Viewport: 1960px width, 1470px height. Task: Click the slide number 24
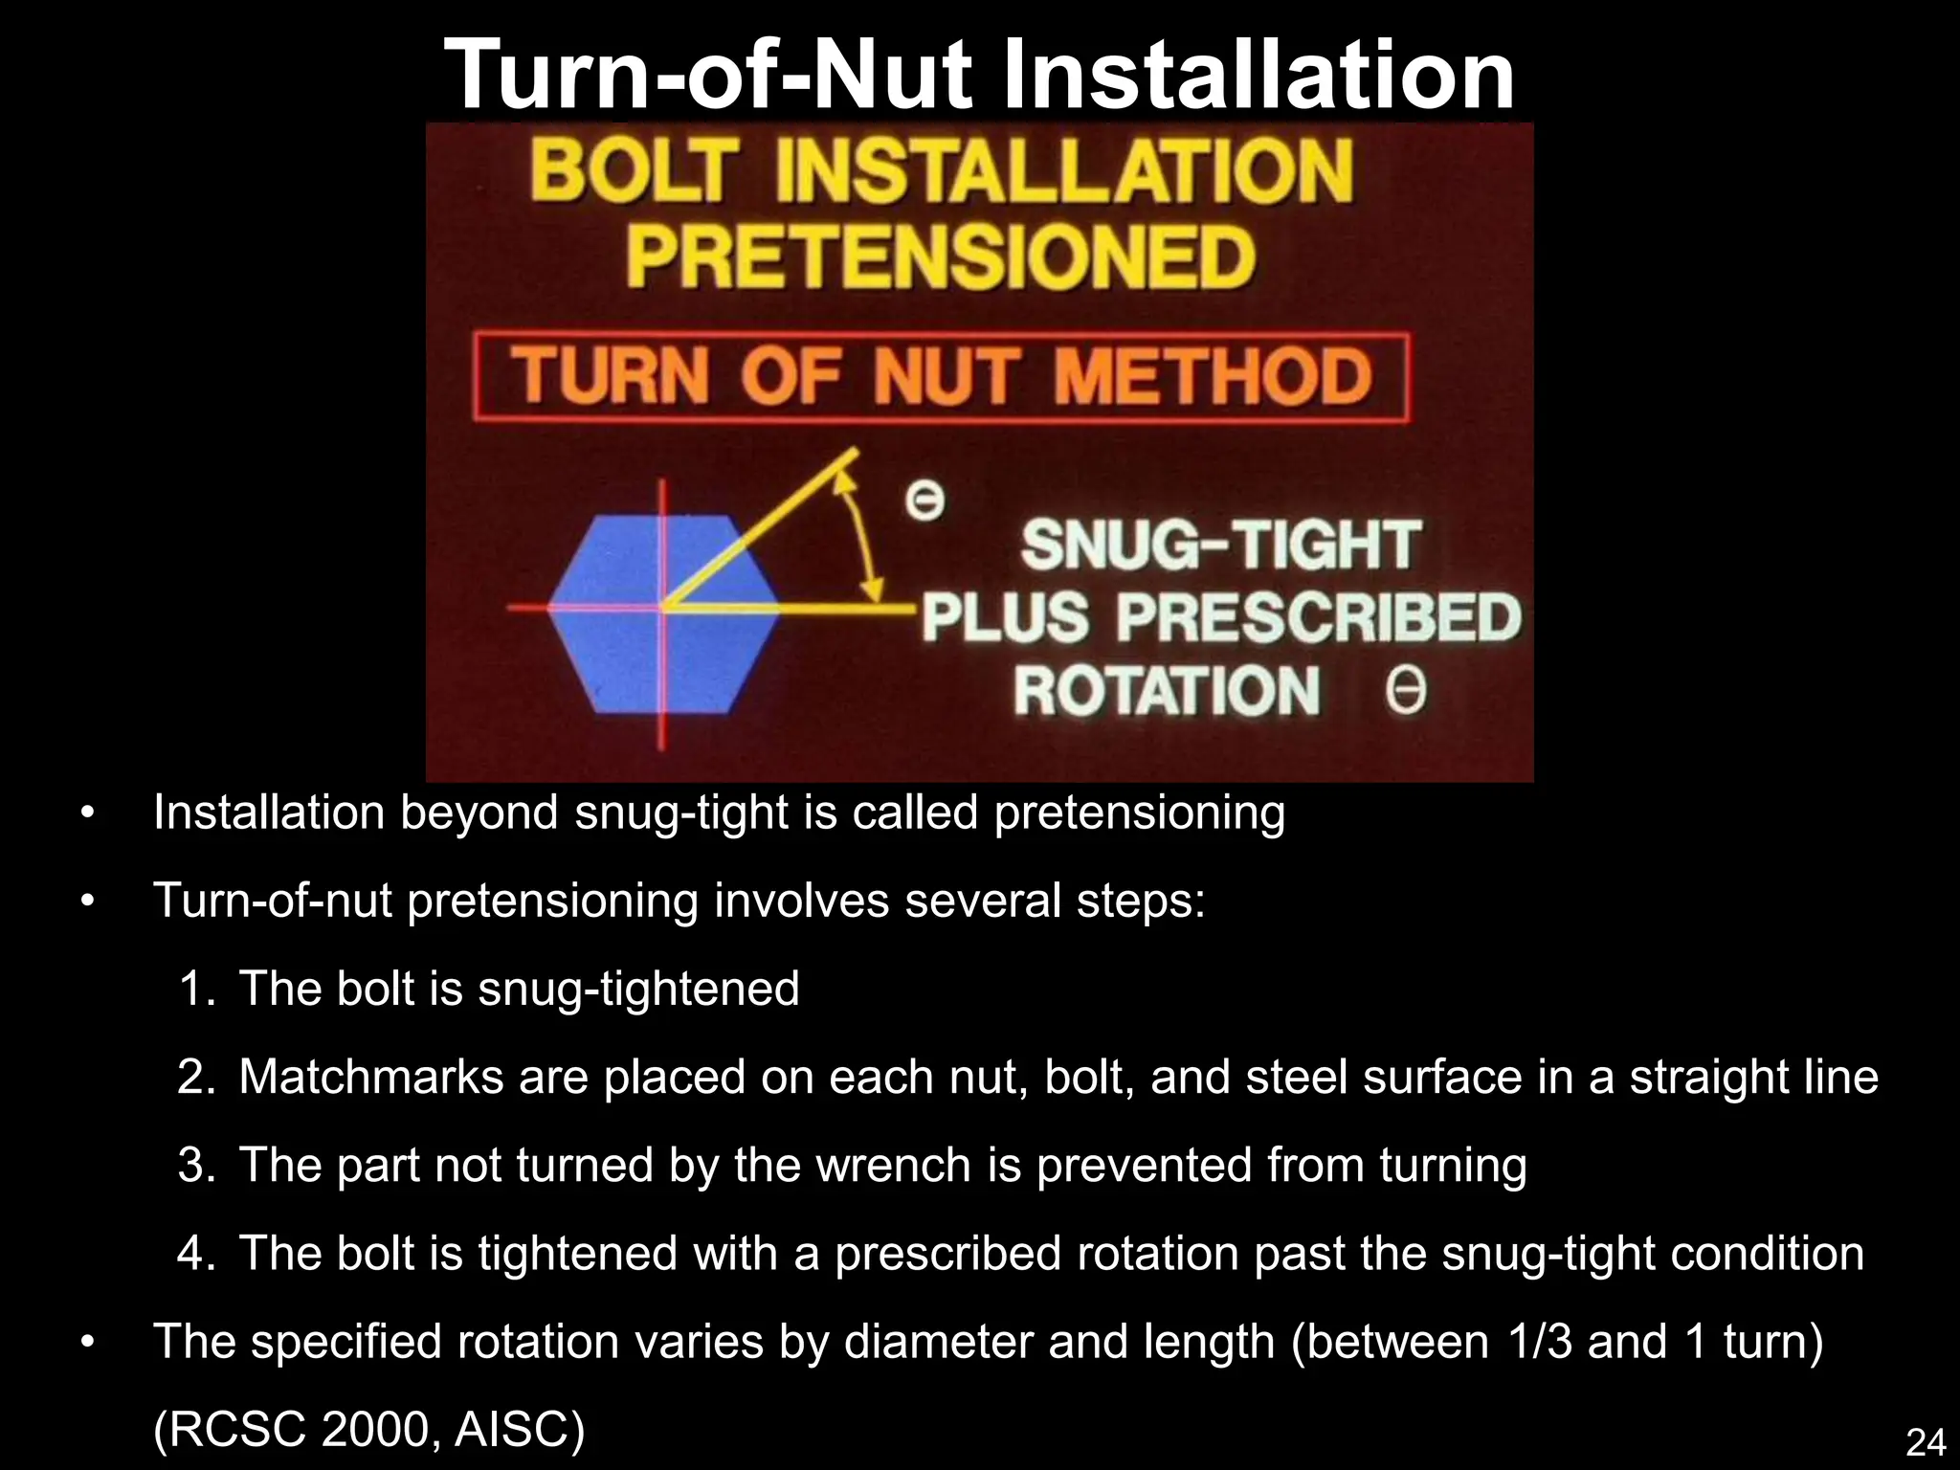(x=1926, y=1442)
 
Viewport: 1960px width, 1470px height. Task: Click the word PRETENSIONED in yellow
(x=940, y=257)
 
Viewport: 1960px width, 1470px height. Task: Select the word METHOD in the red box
(x=1213, y=376)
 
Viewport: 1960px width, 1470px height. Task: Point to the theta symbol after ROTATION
(x=1405, y=691)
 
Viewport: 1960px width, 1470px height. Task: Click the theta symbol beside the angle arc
(x=924, y=501)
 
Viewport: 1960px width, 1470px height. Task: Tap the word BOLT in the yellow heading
(x=635, y=171)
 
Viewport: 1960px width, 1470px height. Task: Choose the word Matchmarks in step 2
(x=370, y=1077)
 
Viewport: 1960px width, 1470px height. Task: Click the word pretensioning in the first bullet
(x=1139, y=813)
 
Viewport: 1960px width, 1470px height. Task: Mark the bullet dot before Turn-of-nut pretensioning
(x=88, y=902)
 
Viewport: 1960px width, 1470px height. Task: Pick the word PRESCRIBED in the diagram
(x=1318, y=617)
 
